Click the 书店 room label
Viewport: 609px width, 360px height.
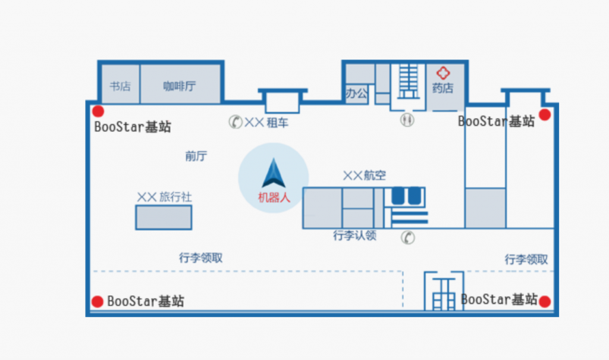[x=120, y=86]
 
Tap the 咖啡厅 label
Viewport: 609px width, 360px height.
[x=180, y=86]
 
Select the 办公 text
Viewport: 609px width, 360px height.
[x=357, y=93]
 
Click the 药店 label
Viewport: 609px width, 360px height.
[x=442, y=89]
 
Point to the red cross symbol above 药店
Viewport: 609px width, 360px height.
[x=443, y=73]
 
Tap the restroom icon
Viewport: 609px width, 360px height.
[x=407, y=120]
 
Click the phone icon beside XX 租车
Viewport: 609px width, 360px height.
[x=236, y=122]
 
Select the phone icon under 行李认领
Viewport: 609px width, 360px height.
[x=408, y=237]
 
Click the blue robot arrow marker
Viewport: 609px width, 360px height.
[x=273, y=174]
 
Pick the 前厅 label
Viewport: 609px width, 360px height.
[x=196, y=156]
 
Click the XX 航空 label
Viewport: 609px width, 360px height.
[x=364, y=176]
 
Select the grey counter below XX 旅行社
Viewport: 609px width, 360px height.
[x=164, y=217]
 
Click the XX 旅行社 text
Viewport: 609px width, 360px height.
[x=164, y=197]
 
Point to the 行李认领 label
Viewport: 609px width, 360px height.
[x=354, y=236]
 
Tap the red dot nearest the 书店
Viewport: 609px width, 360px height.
[x=98, y=111]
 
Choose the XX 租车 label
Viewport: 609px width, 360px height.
[x=267, y=123]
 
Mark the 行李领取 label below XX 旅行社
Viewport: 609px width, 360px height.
[x=200, y=258]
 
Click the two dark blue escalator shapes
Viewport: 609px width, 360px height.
[x=406, y=195]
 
